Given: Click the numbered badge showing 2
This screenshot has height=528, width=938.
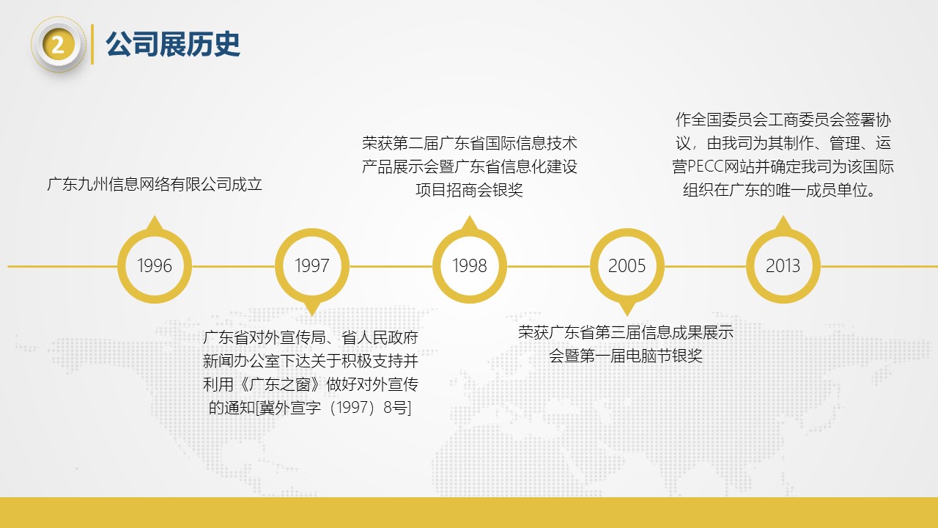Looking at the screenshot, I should pyautogui.click(x=59, y=45).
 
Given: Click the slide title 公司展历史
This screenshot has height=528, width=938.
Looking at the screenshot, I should pyautogui.click(x=173, y=45).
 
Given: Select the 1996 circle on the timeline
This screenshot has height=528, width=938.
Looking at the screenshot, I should pyautogui.click(x=155, y=265).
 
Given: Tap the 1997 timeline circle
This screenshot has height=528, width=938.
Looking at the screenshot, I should pyautogui.click(x=312, y=265).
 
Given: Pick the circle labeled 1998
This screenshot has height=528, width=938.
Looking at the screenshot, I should pyautogui.click(x=470, y=265).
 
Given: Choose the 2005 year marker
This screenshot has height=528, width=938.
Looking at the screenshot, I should pyautogui.click(x=627, y=265).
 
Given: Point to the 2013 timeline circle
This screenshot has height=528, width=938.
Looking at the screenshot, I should pyautogui.click(x=783, y=265).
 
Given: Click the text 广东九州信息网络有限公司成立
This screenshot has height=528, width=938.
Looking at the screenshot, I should pyautogui.click(x=155, y=184).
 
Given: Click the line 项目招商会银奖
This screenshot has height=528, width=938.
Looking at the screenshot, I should pyautogui.click(x=470, y=190).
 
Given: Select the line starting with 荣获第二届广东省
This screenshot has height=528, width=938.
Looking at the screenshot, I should pyautogui.click(x=470, y=142).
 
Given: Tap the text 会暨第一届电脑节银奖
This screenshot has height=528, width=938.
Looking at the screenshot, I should pyautogui.click(x=626, y=356).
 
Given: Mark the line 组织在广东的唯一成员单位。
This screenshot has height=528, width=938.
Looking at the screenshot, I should pyautogui.click(x=783, y=190).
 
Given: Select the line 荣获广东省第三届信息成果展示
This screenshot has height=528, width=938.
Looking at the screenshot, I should pyautogui.click(x=626, y=332).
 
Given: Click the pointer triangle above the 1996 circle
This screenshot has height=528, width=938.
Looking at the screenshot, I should pyautogui.click(x=154, y=222).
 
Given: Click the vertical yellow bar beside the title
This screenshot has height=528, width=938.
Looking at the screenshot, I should pyautogui.click(x=92, y=45).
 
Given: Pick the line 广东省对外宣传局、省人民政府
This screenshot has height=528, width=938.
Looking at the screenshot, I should pyautogui.click(x=311, y=338).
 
